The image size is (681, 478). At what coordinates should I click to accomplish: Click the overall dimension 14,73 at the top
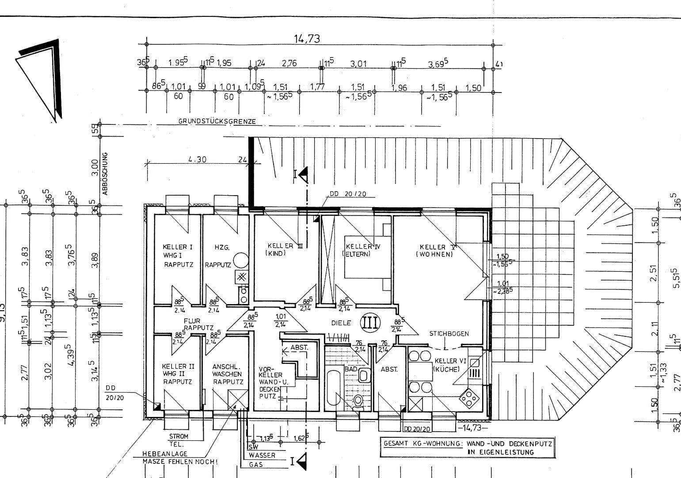tap(306, 39)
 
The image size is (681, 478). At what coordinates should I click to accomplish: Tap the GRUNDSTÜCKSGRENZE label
tap(217, 121)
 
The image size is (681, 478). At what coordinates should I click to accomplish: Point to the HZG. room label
tap(222, 248)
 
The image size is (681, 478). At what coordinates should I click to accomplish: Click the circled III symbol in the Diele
tap(370, 323)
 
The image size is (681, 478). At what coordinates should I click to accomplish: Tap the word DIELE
tap(341, 323)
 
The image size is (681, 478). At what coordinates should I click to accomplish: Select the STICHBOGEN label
tap(449, 334)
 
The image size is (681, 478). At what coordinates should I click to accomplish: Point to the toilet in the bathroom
tap(358, 401)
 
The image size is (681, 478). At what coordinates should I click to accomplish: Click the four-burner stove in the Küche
tap(468, 399)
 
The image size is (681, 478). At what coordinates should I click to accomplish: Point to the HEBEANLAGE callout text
tap(165, 454)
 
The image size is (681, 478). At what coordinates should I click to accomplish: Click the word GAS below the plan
tap(256, 465)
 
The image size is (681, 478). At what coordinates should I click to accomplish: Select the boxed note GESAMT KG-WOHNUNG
tap(468, 447)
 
